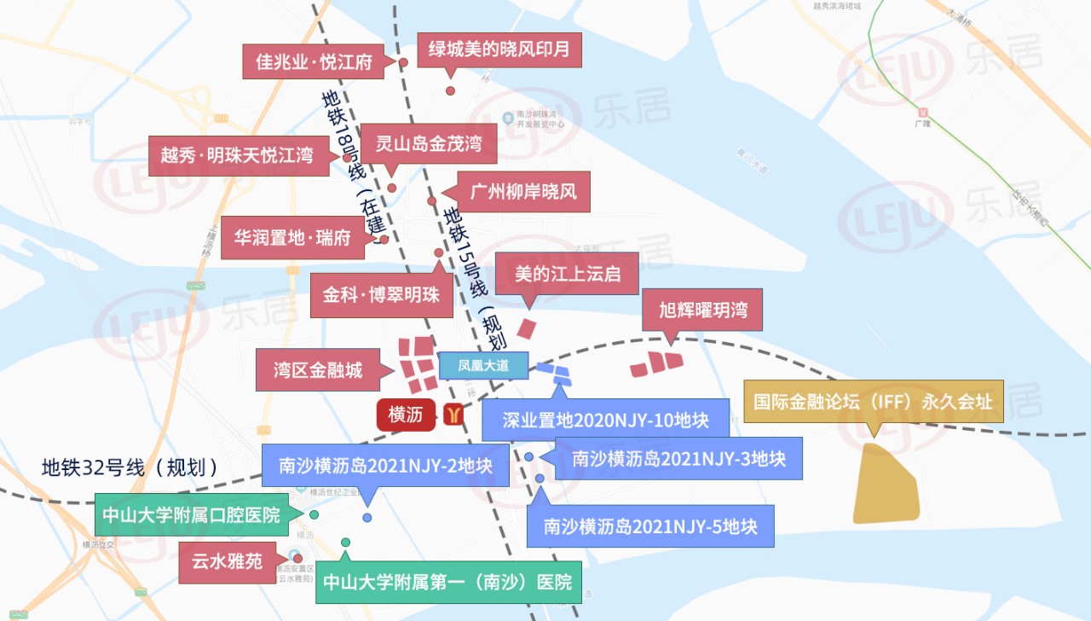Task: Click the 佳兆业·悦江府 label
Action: pos(315,62)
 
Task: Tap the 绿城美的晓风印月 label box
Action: pos(499,50)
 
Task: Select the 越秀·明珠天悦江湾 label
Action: pos(238,156)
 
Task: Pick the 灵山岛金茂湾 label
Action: pos(429,143)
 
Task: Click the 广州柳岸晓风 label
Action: pos(523,191)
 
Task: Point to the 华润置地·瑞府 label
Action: pos(292,238)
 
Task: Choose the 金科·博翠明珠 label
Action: pos(381,295)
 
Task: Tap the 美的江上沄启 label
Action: pos(566,274)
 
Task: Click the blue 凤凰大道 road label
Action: pos(483,365)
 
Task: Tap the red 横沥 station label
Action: pos(406,415)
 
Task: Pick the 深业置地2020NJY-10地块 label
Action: pos(605,421)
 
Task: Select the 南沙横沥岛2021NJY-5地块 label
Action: pos(650,525)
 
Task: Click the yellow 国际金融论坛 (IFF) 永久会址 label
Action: pos(874,401)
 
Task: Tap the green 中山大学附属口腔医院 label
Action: pos(191,515)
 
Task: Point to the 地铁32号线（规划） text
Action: pos(130,467)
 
